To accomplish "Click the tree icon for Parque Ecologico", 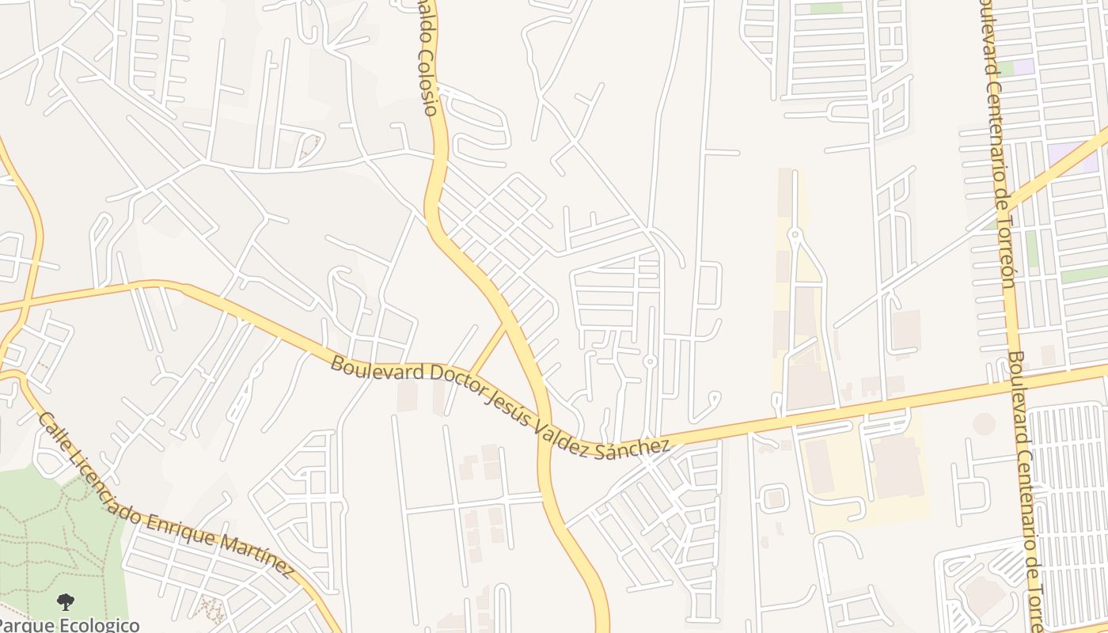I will click(66, 601).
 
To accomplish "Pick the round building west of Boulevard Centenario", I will click(984, 424).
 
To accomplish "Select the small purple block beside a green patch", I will click(1024, 67).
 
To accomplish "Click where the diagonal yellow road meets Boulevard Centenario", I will click(1003, 207).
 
